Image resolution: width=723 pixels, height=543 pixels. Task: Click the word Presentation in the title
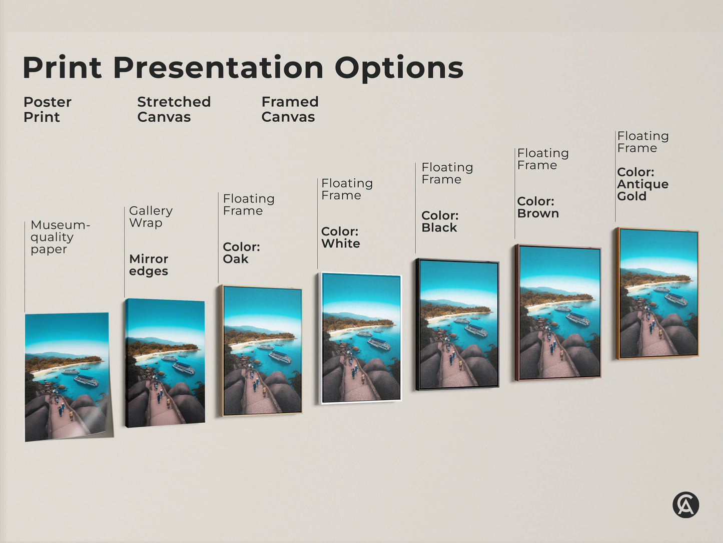point(218,68)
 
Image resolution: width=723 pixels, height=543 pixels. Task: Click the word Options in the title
point(399,69)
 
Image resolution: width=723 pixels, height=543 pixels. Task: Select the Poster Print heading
point(47,109)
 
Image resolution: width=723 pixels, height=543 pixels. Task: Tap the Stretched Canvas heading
point(174,109)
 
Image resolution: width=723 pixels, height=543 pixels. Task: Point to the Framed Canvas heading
point(290,109)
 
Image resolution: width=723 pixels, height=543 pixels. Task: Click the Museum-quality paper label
point(60,237)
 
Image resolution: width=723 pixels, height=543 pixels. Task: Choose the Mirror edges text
point(149,265)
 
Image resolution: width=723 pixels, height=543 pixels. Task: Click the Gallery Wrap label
point(151,216)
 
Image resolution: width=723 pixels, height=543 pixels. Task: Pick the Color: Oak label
point(241,253)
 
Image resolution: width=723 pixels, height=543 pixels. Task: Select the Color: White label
point(340,237)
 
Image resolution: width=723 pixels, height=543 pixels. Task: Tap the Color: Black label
point(440,221)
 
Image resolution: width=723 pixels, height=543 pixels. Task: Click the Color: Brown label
point(537,207)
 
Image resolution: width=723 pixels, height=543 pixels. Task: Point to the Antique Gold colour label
point(642,184)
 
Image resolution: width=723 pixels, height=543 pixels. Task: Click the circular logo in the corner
point(685,504)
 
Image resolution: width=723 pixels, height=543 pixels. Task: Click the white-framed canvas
point(360,338)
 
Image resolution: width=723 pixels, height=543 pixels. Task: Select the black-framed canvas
point(457,324)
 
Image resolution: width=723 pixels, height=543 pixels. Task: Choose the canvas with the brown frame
point(558,313)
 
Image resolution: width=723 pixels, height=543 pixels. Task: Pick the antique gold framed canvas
point(657,294)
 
